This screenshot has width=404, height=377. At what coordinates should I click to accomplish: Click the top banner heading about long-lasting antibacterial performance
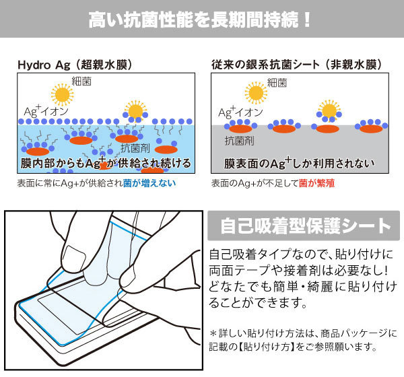pyautogui.click(x=201, y=18)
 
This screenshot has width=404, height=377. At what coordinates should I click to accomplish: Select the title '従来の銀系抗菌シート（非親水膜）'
pyautogui.click(x=297, y=65)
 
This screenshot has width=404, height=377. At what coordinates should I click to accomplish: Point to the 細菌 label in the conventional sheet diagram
pyautogui.click(x=277, y=83)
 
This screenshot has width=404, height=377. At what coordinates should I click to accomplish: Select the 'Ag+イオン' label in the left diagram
pyautogui.click(x=42, y=111)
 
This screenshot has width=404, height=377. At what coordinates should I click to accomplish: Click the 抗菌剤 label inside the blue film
pyautogui.click(x=133, y=147)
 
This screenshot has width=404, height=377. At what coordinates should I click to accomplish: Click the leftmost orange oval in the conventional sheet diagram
pyautogui.click(x=241, y=127)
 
